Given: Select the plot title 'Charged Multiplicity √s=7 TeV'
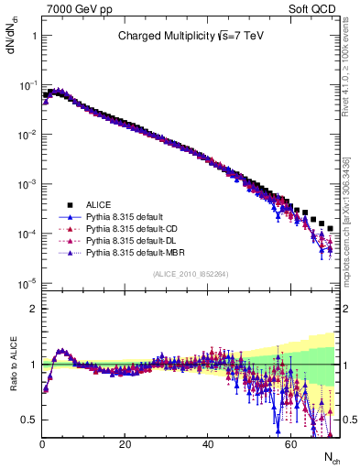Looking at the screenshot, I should (x=190, y=37).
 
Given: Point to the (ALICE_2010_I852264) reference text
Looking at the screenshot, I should (x=191, y=274).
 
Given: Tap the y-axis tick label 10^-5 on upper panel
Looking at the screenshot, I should (x=27, y=283).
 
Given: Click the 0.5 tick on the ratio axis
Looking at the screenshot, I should (x=29, y=420).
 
